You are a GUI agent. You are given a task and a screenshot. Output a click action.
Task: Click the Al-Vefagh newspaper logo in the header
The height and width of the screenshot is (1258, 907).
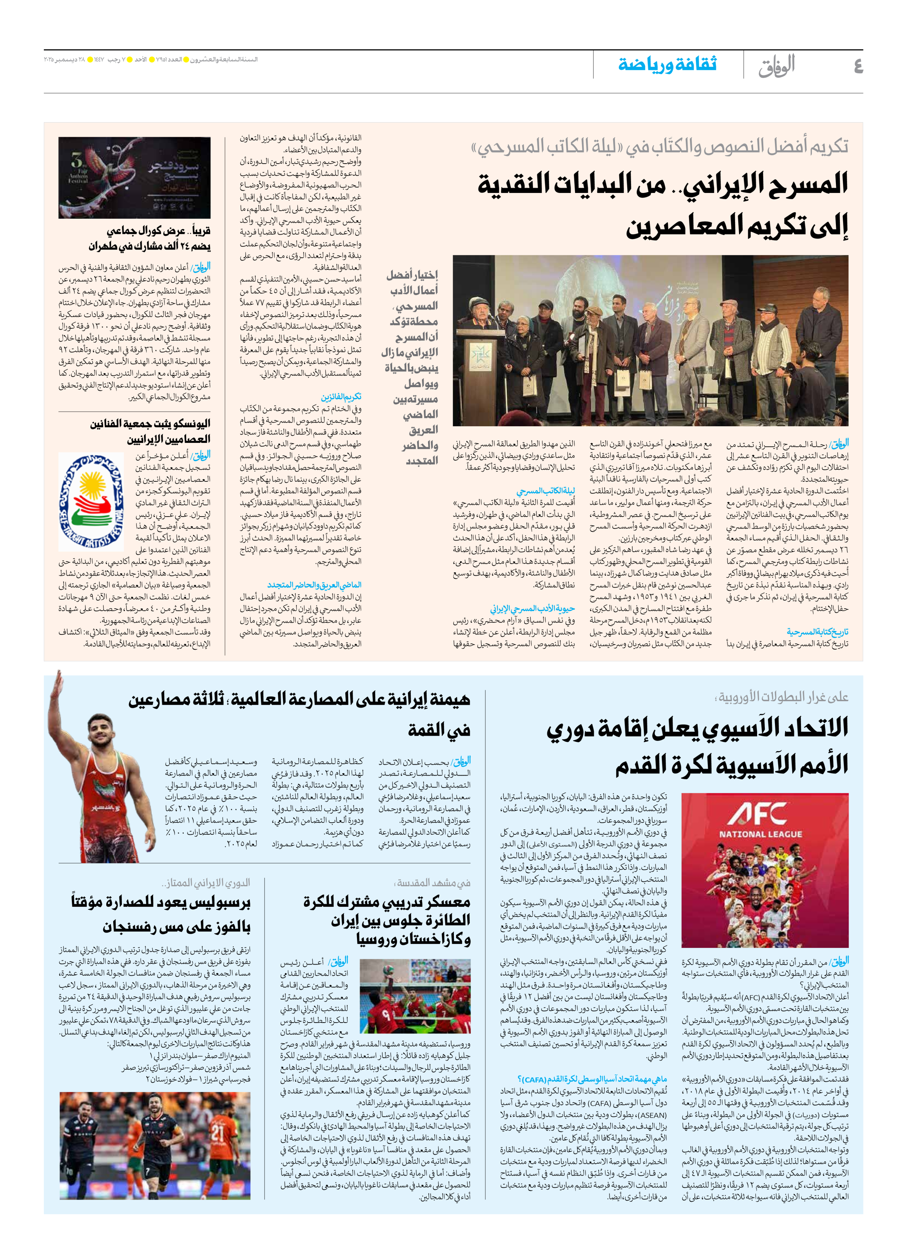click(x=777, y=65)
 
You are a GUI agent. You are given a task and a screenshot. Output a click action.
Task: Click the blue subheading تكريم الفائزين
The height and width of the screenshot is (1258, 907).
click(x=341, y=396)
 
